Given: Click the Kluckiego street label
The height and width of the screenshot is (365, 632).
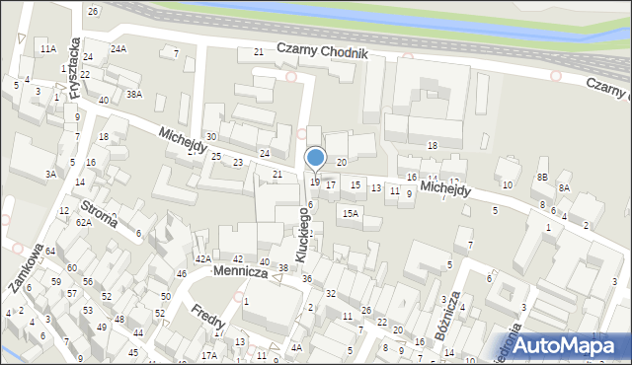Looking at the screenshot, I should [309, 228].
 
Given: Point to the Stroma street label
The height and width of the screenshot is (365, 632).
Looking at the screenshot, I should [102, 216].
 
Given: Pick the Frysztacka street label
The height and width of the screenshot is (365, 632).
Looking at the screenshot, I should [74, 71].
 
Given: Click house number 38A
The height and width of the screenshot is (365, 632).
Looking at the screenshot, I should [134, 94].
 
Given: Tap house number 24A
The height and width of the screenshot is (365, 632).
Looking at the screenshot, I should [118, 48].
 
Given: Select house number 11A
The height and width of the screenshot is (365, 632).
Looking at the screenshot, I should [47, 48].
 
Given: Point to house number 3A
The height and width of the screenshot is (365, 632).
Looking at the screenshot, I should [49, 174].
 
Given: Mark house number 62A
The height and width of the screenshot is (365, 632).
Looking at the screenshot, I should [84, 223].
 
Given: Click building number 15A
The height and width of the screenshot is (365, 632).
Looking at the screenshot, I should [350, 212].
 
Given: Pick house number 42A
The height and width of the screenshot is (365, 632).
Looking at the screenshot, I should [202, 258].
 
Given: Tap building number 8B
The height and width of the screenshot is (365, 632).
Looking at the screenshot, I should [542, 176].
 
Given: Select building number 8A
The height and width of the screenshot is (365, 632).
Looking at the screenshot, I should [564, 187].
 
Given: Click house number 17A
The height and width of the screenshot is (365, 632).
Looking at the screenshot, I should [208, 355].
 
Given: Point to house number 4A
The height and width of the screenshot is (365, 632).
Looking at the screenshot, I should [296, 347].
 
